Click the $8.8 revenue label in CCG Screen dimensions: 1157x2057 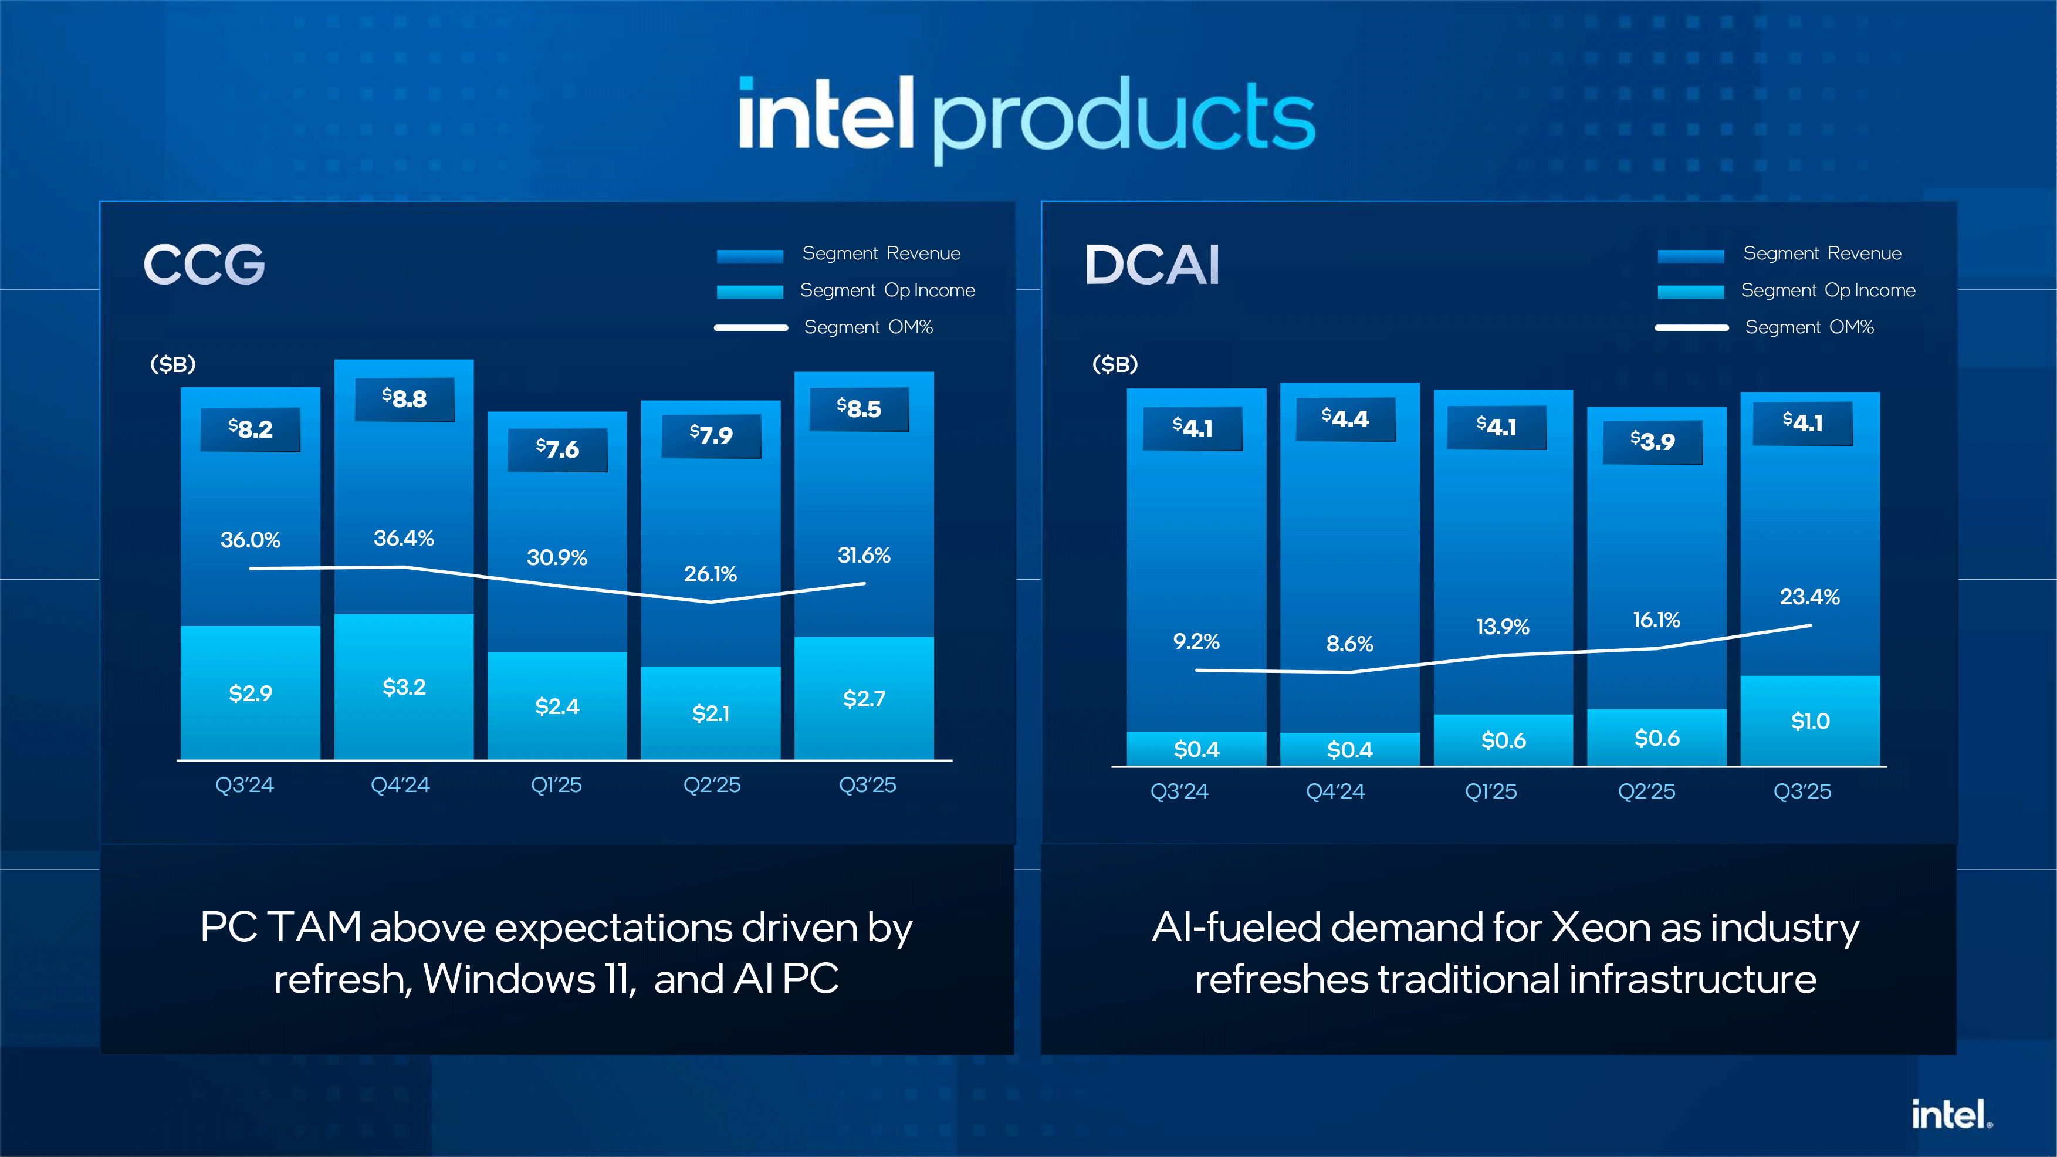click(404, 398)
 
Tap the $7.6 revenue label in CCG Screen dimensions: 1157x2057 click(557, 449)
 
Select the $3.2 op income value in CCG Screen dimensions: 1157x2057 click(404, 686)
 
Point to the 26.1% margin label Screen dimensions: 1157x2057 click(710, 574)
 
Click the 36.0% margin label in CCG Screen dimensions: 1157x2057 click(250, 540)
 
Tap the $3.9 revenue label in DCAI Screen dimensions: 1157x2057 click(1652, 442)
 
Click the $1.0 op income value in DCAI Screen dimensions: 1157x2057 click(1809, 722)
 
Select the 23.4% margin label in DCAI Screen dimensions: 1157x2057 click(1809, 597)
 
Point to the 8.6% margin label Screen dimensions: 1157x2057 click(1349, 644)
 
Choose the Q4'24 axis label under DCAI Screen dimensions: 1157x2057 click(1335, 792)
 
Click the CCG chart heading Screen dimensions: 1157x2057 click(204, 265)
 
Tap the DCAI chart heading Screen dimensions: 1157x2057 click(1152, 265)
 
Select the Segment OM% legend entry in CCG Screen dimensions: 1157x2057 click(868, 327)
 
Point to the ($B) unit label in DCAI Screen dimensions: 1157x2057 click(1115, 365)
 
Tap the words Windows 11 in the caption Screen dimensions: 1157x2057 click(529, 979)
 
